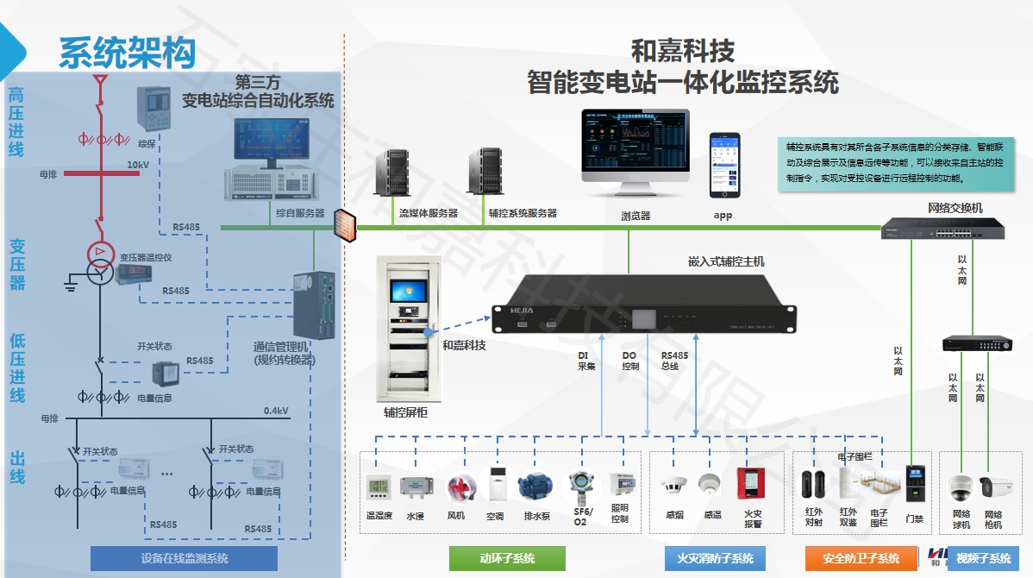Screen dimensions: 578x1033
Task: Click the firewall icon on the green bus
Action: point(343,223)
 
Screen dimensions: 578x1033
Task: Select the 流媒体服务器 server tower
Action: point(397,175)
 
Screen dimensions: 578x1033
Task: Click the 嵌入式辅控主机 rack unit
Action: point(629,304)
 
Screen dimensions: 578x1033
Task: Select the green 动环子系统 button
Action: point(507,558)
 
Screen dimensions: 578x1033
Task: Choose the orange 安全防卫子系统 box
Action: point(861,558)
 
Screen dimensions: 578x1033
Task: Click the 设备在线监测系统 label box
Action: point(184,558)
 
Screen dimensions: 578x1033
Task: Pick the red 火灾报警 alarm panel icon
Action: point(752,483)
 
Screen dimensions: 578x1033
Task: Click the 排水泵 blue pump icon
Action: point(534,487)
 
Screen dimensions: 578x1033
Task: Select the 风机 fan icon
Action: point(457,488)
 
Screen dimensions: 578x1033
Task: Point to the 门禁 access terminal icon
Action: point(914,485)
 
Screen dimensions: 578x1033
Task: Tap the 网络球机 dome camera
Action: point(961,489)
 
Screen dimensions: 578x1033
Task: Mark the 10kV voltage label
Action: point(138,165)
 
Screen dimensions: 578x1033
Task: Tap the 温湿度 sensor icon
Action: point(379,487)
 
